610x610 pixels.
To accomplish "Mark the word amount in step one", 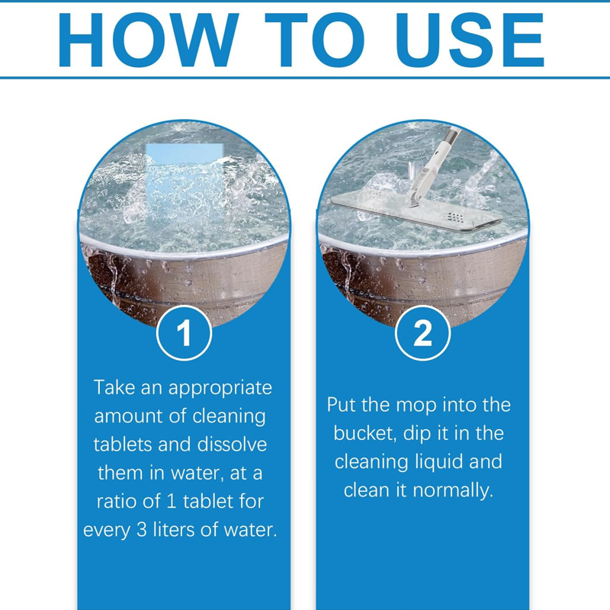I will pos(126,416).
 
